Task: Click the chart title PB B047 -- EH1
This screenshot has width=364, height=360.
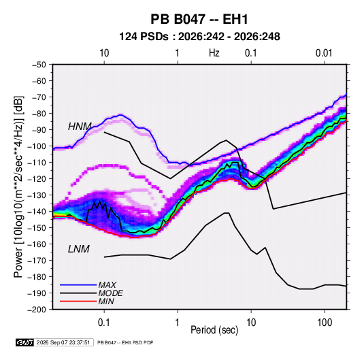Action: pyautogui.click(x=199, y=19)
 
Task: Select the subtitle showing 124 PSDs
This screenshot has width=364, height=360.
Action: pyautogui.click(x=199, y=37)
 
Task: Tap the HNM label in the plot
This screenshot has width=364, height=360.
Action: pyautogui.click(x=80, y=127)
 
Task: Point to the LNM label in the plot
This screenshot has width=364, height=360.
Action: pyautogui.click(x=79, y=249)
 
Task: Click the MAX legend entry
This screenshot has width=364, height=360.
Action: pyautogui.click(x=107, y=284)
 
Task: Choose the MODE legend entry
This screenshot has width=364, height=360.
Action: pyautogui.click(x=110, y=293)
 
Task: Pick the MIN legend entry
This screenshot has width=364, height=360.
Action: pyautogui.click(x=106, y=301)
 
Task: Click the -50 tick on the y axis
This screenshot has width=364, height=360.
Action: pyautogui.click(x=39, y=65)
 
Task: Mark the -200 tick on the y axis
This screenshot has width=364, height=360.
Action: pyautogui.click(x=37, y=310)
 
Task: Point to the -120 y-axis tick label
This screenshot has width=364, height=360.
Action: pyautogui.click(x=37, y=178)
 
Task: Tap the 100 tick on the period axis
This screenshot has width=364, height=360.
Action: pyautogui.click(x=325, y=323)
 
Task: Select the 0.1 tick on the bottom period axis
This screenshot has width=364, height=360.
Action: pyautogui.click(x=104, y=323)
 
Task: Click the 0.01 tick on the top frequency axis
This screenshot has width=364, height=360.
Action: pyautogui.click(x=324, y=53)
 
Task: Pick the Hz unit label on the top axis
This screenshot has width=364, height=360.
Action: pyautogui.click(x=214, y=53)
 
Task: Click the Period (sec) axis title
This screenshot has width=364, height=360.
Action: pyautogui.click(x=214, y=330)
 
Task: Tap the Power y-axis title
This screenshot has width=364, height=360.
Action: pyautogui.click(x=19, y=186)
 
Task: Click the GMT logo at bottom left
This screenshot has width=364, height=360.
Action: pyautogui.click(x=24, y=342)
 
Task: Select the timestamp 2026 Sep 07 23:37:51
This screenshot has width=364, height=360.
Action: pyautogui.click(x=63, y=342)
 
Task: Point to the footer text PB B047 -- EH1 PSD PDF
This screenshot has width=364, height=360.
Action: pyautogui.click(x=125, y=342)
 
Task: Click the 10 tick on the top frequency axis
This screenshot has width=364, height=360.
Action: pyautogui.click(x=104, y=53)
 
